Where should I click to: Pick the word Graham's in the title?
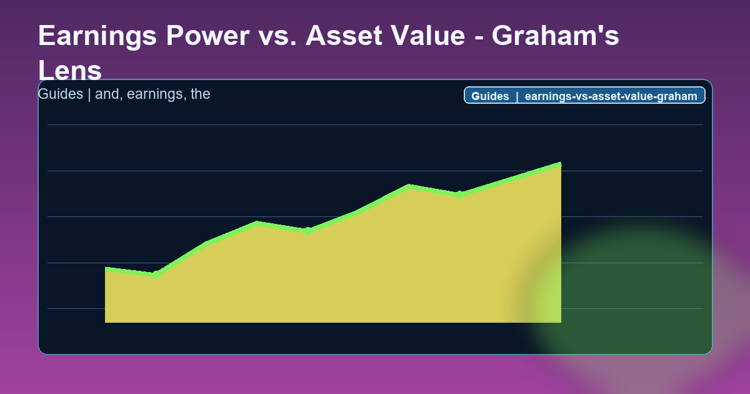point(555,36)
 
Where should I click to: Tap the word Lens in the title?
point(70,71)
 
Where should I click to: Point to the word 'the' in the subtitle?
point(200,94)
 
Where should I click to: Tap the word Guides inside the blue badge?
point(490,96)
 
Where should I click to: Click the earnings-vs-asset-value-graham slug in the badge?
point(611,96)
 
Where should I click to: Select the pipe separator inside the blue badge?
point(517,96)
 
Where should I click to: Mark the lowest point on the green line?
point(156,275)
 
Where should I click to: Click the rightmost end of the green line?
point(561,164)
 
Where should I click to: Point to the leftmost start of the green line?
point(106,269)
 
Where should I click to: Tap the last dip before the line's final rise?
point(459,194)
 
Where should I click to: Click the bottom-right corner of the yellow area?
point(561,322)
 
